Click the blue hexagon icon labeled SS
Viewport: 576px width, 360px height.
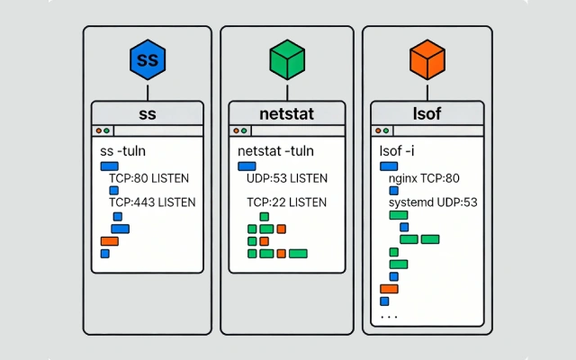pos(147,61)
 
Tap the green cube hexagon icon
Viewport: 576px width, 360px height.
pos(287,61)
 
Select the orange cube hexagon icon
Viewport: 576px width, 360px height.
pos(427,61)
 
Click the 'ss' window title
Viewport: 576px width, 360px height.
pos(147,113)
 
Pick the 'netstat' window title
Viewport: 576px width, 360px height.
pos(287,113)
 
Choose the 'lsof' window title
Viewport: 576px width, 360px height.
pos(427,113)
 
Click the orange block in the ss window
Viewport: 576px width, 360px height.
pos(109,241)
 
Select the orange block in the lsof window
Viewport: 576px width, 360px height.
pos(389,289)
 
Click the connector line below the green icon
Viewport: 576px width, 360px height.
pos(287,91)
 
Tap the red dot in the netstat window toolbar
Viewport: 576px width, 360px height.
pos(237,130)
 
